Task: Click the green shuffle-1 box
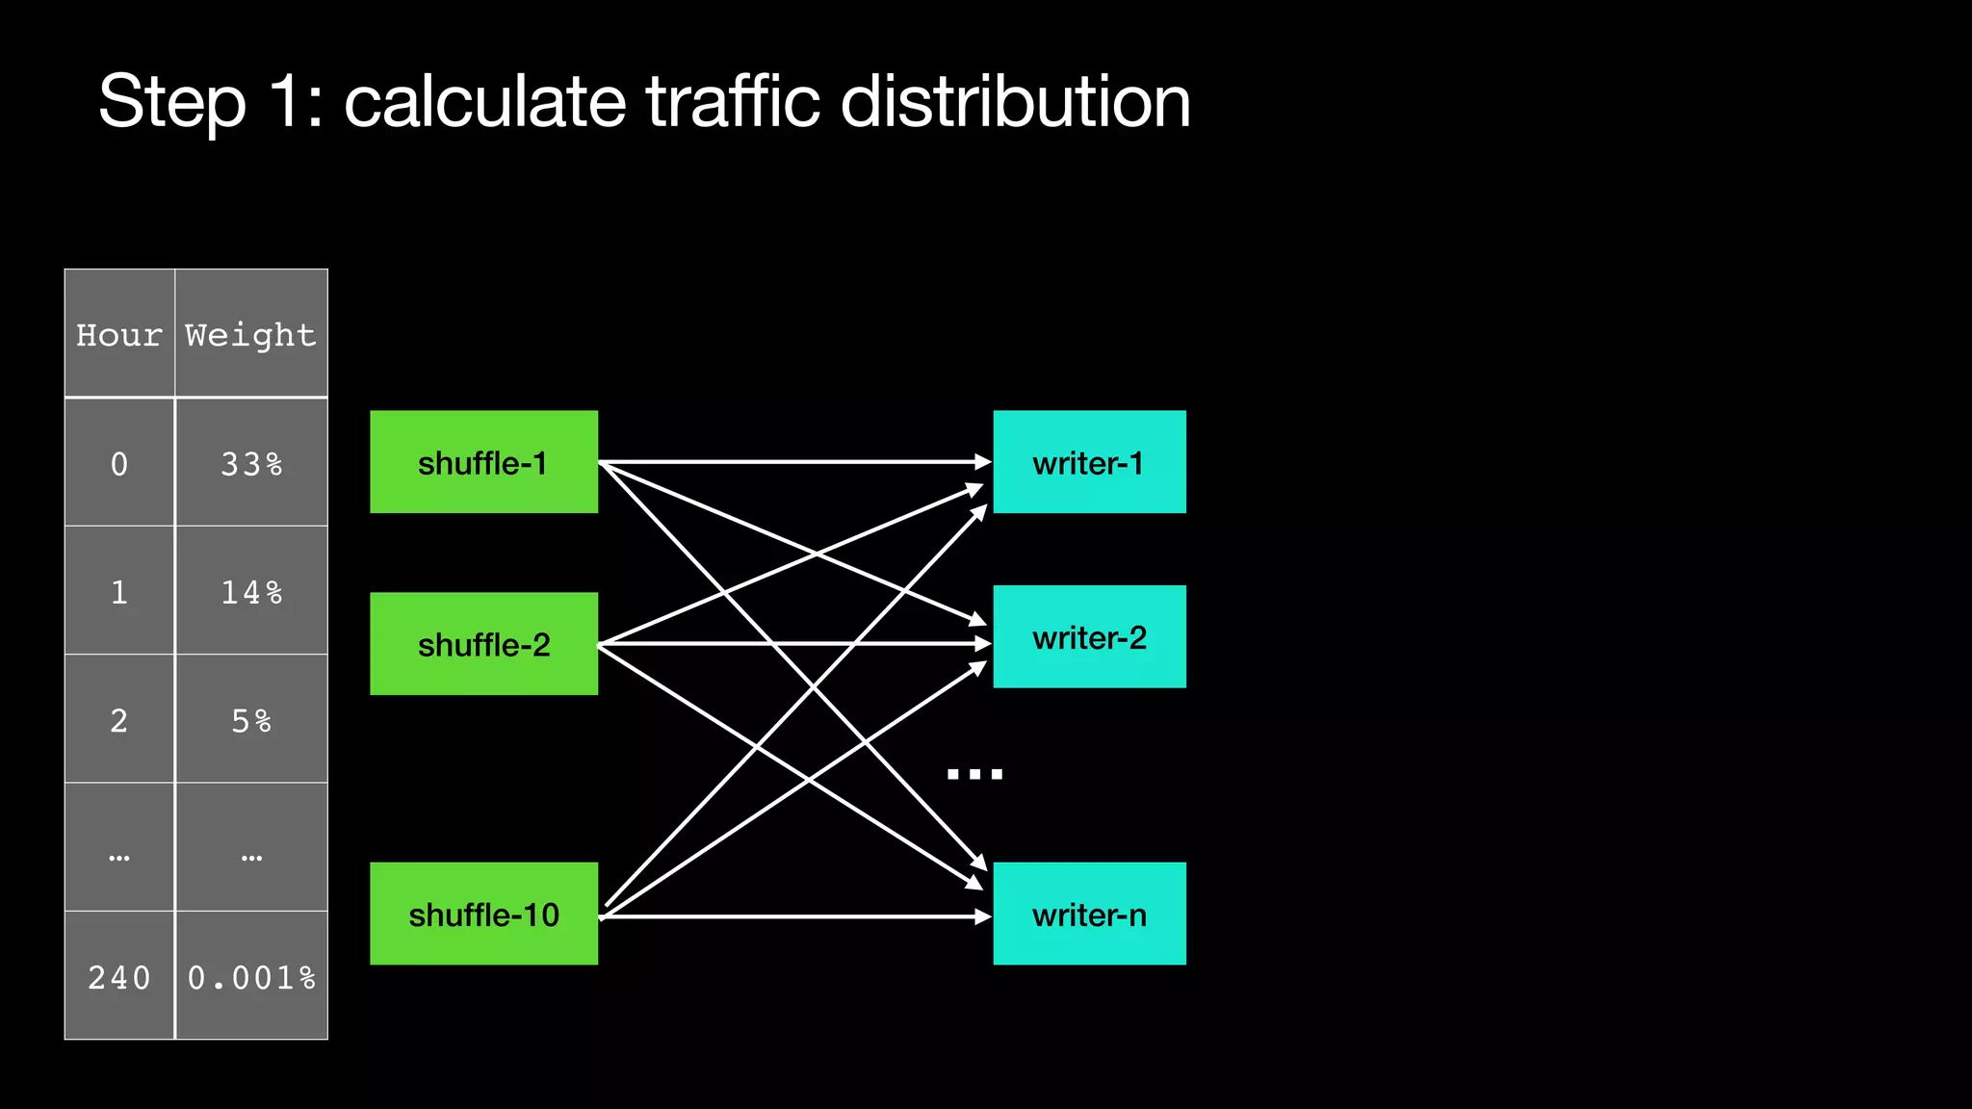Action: (x=483, y=462)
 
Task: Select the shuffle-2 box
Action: (x=483, y=644)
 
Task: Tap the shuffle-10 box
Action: (x=483, y=914)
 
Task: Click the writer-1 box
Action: (x=1089, y=462)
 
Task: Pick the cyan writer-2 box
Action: (x=1089, y=636)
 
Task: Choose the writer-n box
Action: (x=1089, y=914)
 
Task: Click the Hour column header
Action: (x=119, y=334)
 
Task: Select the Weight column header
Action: (x=250, y=334)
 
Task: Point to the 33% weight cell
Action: (x=251, y=463)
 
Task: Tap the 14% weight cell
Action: (x=251, y=591)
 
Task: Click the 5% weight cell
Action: (x=251, y=719)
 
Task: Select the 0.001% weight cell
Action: (x=251, y=976)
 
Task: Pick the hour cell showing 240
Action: (x=119, y=976)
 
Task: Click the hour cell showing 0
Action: (x=119, y=463)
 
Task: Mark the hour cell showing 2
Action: (x=119, y=719)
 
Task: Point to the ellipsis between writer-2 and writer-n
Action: (x=974, y=773)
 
